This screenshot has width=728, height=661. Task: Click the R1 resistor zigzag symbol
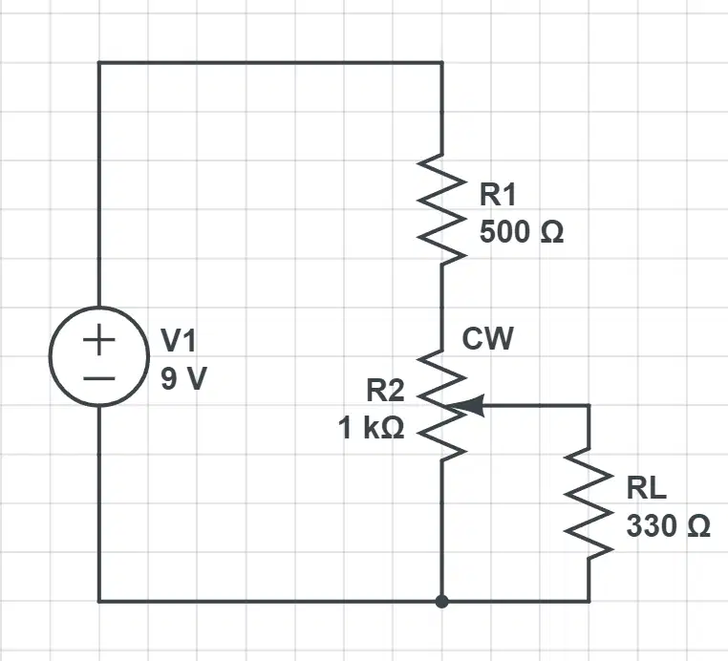pos(441,209)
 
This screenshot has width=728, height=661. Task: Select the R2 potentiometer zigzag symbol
pos(441,406)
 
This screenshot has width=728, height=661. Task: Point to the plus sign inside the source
pos(99,340)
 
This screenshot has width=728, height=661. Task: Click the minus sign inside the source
pos(99,379)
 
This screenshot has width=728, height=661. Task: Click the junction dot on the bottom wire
pos(442,602)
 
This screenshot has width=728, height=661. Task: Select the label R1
pos(497,195)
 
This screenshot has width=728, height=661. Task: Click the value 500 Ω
pos(522,231)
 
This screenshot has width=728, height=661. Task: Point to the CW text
pos(488,338)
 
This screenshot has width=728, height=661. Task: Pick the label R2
pos(385,391)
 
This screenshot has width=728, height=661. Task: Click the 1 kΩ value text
pos(372,428)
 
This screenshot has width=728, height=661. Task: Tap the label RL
pos(646,488)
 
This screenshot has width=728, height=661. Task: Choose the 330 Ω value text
pos(668,526)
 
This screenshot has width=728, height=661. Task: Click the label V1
pos(179,340)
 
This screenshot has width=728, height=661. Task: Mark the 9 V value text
pos(183,378)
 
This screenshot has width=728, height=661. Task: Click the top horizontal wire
pos(270,62)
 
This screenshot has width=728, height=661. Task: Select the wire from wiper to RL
pos(537,406)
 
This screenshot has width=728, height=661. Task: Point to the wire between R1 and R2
pos(441,308)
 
